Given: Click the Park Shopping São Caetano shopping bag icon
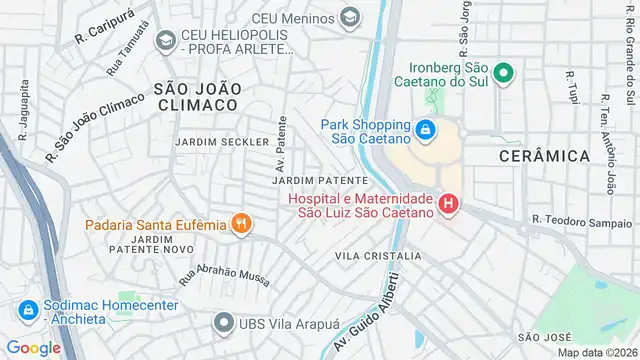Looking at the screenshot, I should click(x=426, y=130).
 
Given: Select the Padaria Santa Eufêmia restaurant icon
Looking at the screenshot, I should click(x=240, y=224).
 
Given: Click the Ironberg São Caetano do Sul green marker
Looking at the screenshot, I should click(x=505, y=73).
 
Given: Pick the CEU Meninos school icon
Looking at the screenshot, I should click(x=350, y=17).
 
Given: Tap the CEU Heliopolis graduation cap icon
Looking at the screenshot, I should click(x=166, y=40).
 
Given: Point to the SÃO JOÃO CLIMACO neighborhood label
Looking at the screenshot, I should click(x=197, y=96).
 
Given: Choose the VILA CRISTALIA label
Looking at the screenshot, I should click(x=378, y=256).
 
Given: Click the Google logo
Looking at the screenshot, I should click(x=33, y=347).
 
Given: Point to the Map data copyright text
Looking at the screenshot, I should click(x=597, y=352).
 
